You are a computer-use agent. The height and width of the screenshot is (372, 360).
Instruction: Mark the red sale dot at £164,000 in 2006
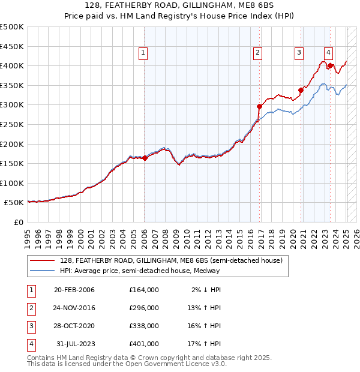click(145, 158)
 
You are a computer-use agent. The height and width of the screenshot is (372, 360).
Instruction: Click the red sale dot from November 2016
click(260, 107)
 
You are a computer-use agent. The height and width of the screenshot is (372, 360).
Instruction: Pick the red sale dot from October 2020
click(301, 91)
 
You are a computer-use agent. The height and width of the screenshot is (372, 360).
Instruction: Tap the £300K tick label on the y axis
click(13, 105)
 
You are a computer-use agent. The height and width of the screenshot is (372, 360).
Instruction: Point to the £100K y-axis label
click(13, 183)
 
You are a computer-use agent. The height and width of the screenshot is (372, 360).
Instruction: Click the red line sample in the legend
click(43, 260)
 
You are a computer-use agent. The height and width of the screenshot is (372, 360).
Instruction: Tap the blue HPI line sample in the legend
click(43, 271)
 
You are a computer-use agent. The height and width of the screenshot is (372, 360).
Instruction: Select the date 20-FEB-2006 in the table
click(74, 290)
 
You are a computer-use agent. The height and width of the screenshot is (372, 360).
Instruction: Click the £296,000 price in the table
click(144, 308)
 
